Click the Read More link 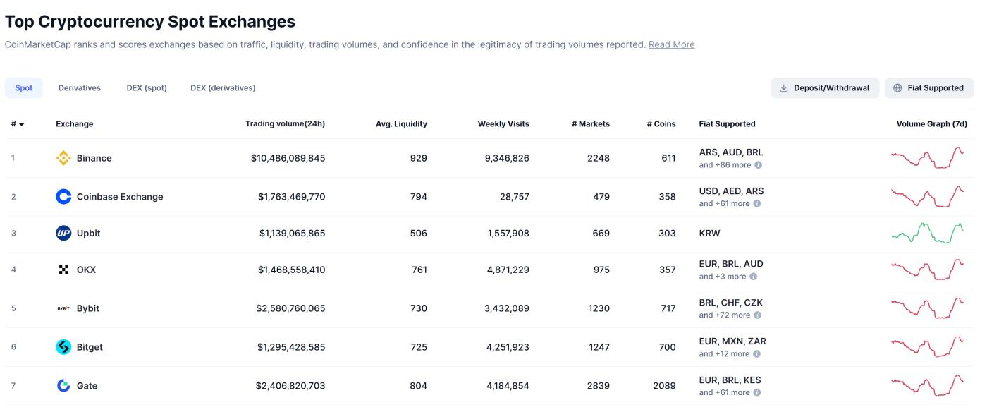point(671,44)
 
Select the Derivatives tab point(80,88)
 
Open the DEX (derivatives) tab point(223,88)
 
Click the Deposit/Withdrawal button point(825,88)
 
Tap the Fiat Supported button point(928,88)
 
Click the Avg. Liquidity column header point(401,124)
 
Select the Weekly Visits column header point(503,124)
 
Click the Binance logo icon point(63,158)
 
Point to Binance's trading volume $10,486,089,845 point(288,158)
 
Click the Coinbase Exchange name point(120,197)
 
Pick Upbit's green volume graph point(927,232)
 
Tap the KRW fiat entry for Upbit point(710,234)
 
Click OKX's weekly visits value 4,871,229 point(508,270)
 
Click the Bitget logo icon point(63,347)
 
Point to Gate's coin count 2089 point(664,386)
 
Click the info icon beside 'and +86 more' point(758,165)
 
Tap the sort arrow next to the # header point(22,125)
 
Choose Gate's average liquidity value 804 point(418,386)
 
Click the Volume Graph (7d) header point(931,124)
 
